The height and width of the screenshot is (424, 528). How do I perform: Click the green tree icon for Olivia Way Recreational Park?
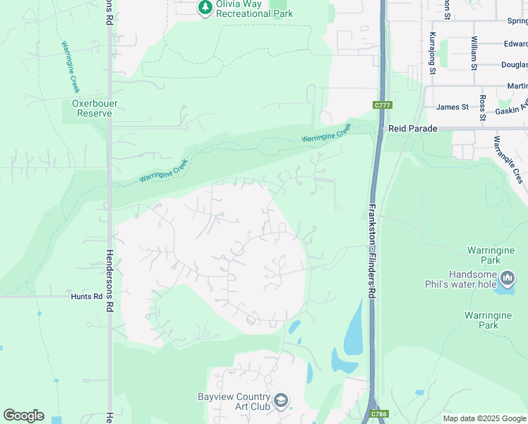(x=205, y=7)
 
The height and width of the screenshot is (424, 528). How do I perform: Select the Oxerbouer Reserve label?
(x=94, y=108)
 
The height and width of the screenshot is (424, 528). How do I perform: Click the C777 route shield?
(x=382, y=105)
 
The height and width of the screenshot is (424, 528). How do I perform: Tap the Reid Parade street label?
(x=413, y=129)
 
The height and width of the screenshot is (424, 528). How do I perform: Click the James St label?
(x=452, y=107)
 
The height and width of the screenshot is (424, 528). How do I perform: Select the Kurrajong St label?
(x=432, y=52)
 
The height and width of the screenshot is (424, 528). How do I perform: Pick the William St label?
(x=474, y=53)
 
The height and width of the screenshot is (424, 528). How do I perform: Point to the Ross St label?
(x=483, y=107)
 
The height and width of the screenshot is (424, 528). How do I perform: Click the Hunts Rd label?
(x=86, y=297)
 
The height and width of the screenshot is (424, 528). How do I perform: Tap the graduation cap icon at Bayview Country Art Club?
(x=280, y=401)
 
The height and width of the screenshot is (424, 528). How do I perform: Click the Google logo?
(x=23, y=416)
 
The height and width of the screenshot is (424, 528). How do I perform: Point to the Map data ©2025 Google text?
(x=484, y=418)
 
